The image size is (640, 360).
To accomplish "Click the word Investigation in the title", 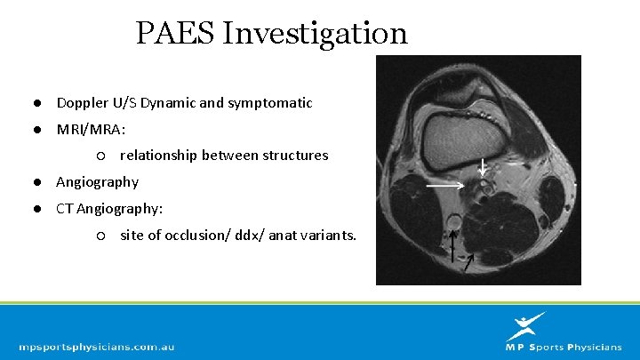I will tap(315, 35).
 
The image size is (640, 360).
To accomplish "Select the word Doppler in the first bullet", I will tap(82, 103).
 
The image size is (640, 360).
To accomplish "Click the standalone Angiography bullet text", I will tap(97, 182).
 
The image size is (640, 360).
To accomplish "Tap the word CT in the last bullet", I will tap(65, 209).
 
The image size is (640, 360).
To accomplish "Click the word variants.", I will tap(326, 236).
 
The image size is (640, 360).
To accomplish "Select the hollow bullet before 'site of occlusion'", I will tap(102, 236).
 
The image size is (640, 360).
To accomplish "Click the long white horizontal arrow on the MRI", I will tap(444, 186).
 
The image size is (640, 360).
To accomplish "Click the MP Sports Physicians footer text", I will tap(564, 348).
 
